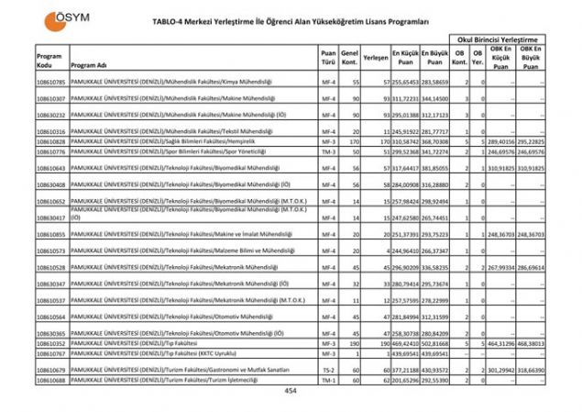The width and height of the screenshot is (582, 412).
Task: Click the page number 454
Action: tap(291, 390)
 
